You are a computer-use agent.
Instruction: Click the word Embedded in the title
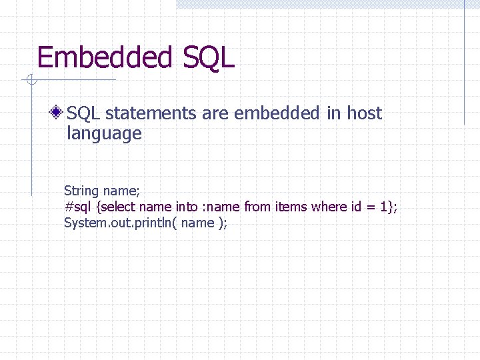[x=105, y=57]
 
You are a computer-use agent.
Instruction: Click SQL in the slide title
[x=207, y=57]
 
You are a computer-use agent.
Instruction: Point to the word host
[x=364, y=113]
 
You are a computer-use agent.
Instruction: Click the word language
[x=104, y=133]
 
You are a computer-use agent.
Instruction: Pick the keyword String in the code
[x=81, y=191]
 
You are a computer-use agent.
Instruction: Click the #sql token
[x=79, y=207]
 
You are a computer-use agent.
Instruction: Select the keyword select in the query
[x=122, y=207]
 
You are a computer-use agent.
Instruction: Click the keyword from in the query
[x=258, y=207]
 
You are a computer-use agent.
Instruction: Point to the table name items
[x=291, y=207]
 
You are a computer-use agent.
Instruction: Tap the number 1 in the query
[x=384, y=207]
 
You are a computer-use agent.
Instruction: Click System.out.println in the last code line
[x=117, y=223]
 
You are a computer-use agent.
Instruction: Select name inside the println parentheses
[x=197, y=223]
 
